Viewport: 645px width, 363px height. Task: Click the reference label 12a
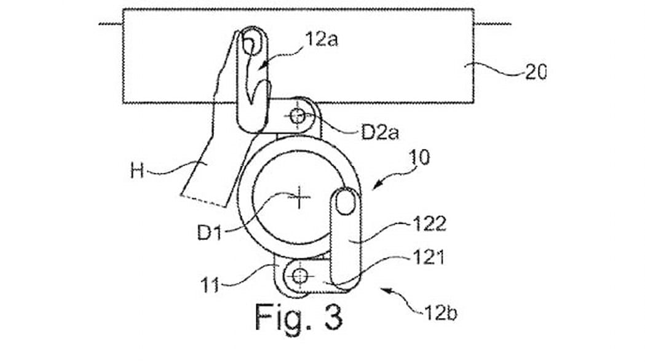point(321,39)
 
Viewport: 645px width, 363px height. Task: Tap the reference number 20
point(536,73)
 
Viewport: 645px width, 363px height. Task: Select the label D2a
point(379,132)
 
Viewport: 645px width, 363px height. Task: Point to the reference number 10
point(419,158)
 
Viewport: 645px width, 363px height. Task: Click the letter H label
point(137,170)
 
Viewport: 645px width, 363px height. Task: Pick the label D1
point(210,233)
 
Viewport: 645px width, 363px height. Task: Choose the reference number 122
point(429,224)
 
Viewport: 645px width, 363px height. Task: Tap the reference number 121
point(429,258)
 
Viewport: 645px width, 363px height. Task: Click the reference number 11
point(210,285)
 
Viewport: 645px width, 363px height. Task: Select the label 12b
point(441,314)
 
